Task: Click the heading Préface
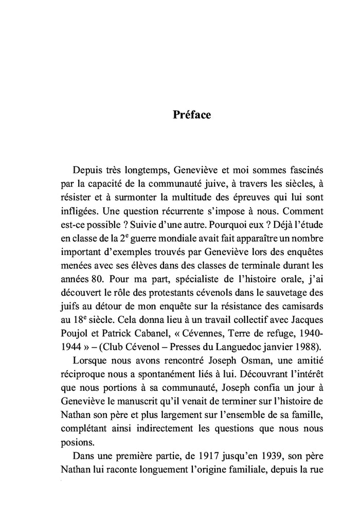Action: [191, 115]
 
